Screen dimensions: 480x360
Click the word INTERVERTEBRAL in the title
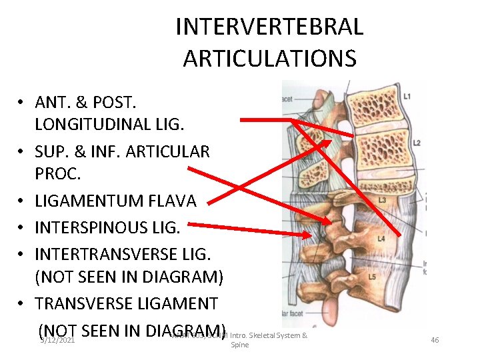[x=269, y=27]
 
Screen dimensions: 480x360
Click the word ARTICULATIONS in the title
[x=269, y=59]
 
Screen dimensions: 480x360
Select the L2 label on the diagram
[x=416, y=143]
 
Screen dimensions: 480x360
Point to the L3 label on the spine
[x=383, y=201]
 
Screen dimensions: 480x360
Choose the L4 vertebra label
[x=381, y=239]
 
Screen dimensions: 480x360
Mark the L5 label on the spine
[x=372, y=277]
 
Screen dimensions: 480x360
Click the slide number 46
[x=435, y=340]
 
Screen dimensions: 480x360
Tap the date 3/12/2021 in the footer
[x=56, y=340]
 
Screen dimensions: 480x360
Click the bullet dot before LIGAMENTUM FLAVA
[x=22, y=201]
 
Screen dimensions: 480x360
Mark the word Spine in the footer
[x=239, y=346]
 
